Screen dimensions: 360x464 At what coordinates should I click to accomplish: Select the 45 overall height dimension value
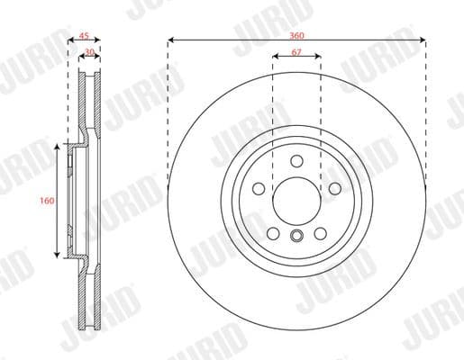click(84, 37)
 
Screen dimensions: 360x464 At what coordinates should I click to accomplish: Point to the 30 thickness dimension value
click(89, 53)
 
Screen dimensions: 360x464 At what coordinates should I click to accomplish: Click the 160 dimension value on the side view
click(46, 201)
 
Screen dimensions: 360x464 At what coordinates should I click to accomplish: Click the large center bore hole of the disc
click(296, 199)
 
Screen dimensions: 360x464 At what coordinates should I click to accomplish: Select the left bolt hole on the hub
click(258, 188)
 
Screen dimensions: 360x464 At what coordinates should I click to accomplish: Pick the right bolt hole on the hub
click(334, 188)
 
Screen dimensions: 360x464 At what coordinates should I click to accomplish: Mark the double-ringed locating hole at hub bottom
click(296, 237)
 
